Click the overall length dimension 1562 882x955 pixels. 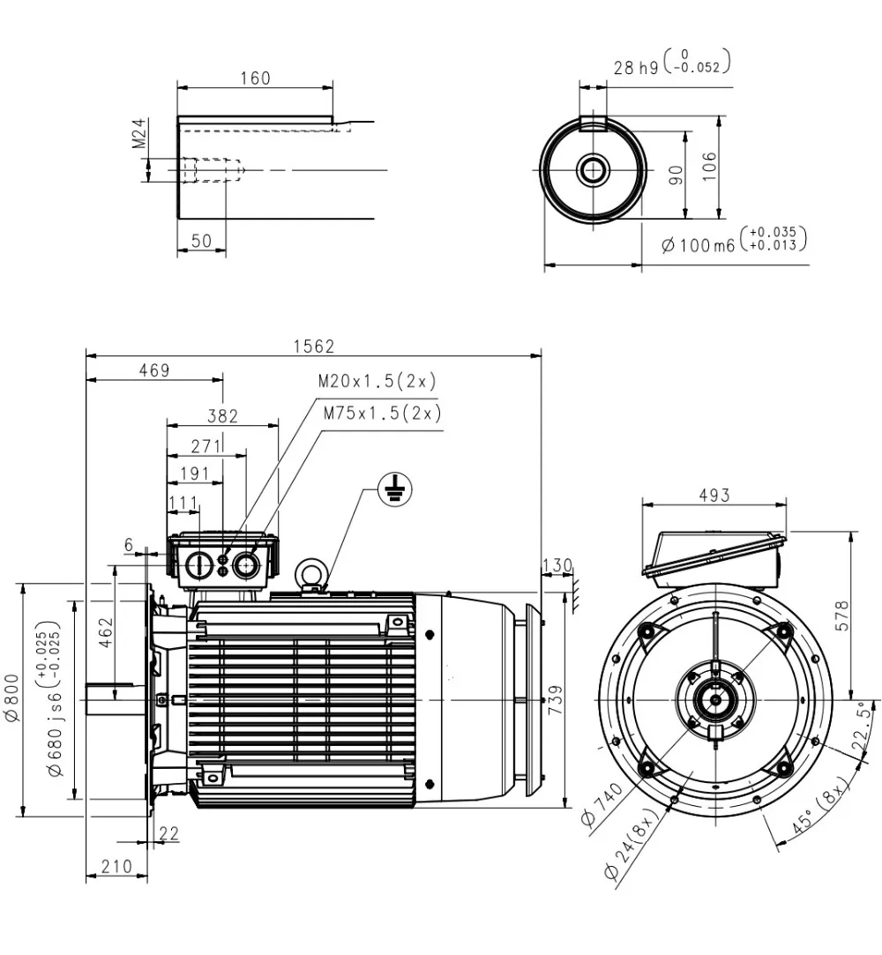(x=313, y=347)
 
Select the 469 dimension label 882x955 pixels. (x=153, y=370)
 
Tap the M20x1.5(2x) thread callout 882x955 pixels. (x=377, y=382)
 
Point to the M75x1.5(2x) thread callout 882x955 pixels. (x=382, y=413)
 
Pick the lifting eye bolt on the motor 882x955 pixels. (x=311, y=572)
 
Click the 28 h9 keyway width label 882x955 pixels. (x=673, y=64)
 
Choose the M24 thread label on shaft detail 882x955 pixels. (x=138, y=134)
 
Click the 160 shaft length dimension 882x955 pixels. (x=255, y=78)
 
